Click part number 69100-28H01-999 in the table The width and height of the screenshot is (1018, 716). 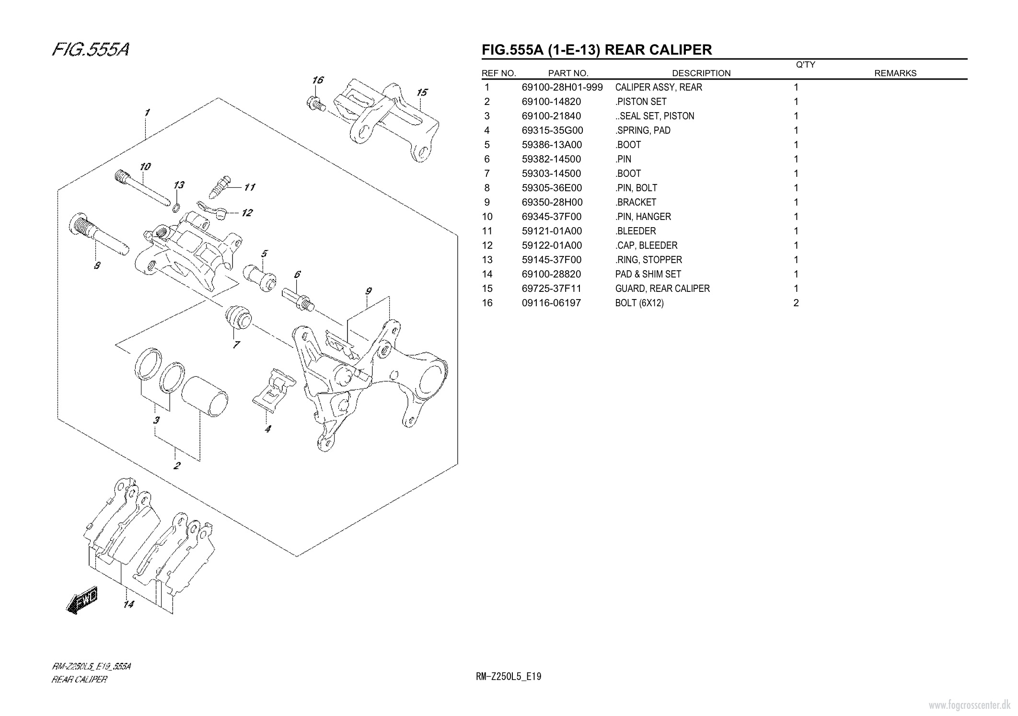(562, 87)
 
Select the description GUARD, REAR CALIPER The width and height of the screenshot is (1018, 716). (662, 289)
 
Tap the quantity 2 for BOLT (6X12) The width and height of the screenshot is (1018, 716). (796, 303)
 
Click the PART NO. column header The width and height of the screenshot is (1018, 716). (568, 73)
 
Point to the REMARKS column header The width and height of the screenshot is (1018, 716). (895, 73)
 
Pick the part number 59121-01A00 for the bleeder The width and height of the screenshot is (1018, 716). (552, 231)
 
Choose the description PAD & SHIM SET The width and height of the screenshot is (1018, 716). (648, 274)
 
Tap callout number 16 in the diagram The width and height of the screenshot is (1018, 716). (318, 80)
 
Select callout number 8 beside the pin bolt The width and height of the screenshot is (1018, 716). (97, 265)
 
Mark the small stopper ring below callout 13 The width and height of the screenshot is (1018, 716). (176, 208)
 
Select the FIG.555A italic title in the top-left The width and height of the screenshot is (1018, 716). (91, 49)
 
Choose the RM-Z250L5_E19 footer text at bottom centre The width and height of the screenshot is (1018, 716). (509, 677)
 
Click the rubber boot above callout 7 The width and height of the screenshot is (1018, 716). (238, 317)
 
